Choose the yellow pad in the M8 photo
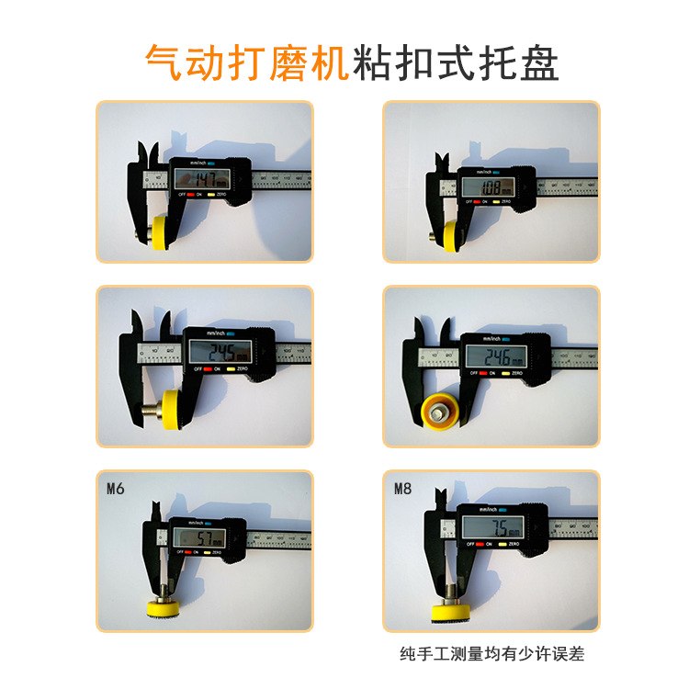(x=450, y=612)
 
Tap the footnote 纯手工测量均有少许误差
(x=491, y=654)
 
